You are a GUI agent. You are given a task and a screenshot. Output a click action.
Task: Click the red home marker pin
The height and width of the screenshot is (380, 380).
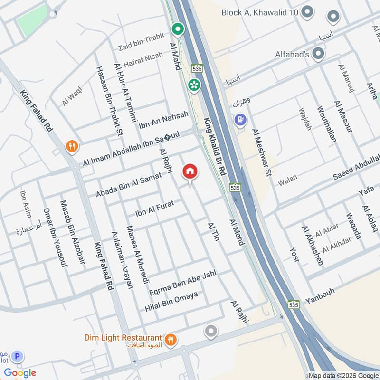[190, 172]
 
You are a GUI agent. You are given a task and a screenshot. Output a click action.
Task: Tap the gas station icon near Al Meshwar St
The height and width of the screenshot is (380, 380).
[240, 119]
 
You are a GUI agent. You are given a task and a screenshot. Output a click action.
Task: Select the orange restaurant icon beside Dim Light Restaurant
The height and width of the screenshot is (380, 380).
[171, 339]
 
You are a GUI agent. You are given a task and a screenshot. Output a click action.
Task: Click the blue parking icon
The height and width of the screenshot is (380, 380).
[18, 356]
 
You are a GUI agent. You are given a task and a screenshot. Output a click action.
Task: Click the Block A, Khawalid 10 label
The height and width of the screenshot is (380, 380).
[260, 12]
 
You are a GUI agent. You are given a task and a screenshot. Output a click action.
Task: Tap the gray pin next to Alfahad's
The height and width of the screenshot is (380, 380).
[318, 54]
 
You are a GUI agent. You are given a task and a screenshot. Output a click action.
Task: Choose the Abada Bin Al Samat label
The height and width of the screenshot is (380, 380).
[129, 185]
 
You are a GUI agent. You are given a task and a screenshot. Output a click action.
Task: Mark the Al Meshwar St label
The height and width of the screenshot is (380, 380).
[262, 152]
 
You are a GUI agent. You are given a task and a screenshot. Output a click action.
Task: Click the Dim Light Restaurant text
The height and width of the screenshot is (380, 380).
[123, 338]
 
